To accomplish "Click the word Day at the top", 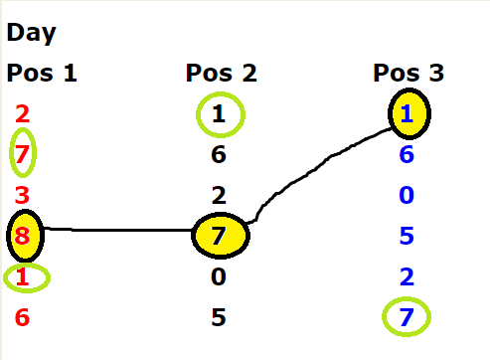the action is (32, 33).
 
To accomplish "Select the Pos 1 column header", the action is (42, 73).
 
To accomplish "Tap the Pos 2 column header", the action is (221, 73).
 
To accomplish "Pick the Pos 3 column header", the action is (408, 73).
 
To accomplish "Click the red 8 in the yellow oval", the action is (22, 236).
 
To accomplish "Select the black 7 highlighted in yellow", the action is (219, 236).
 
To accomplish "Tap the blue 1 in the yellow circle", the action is (408, 113).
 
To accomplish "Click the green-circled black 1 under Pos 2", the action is (219, 114).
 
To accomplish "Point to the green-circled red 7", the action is (22, 154).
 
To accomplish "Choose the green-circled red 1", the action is (22, 276).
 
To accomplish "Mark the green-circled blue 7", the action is (407, 317).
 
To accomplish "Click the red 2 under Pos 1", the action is (22, 113).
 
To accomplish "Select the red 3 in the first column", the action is (22, 195).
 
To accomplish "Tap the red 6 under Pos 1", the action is (22, 317).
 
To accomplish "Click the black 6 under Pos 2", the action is (219, 154).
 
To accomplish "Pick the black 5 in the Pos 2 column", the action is (219, 317).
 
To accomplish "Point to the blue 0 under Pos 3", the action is (407, 195).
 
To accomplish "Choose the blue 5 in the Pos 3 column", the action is (407, 236).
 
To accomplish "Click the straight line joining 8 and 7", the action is (117, 230).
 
